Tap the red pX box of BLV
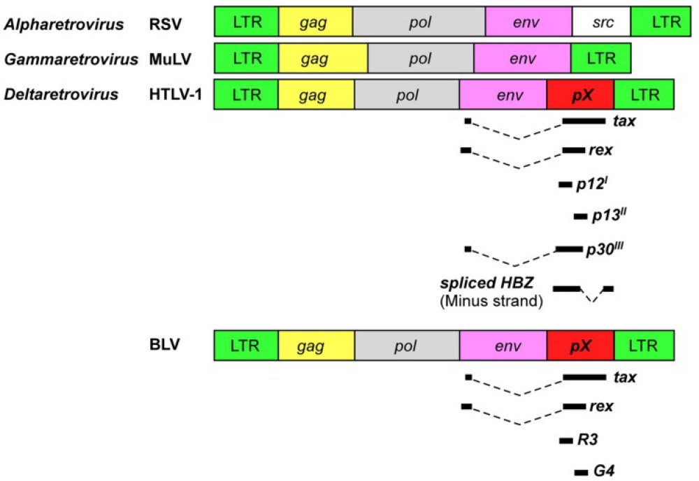581,345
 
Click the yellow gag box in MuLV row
315,59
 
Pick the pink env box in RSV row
528,22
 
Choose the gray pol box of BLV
407,345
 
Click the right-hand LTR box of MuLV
600,59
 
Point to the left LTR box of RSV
246,22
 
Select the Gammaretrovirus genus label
71,59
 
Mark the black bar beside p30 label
568,249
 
